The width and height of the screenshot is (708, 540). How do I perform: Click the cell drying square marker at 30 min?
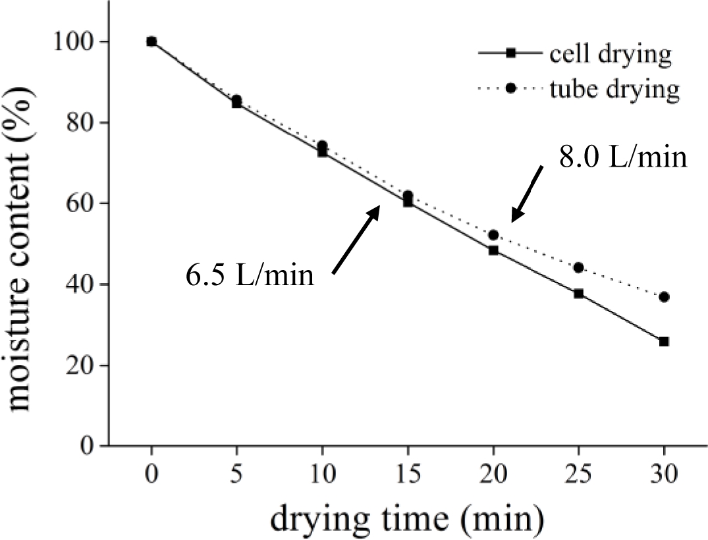coord(664,341)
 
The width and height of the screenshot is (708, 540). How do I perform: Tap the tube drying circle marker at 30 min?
coord(664,297)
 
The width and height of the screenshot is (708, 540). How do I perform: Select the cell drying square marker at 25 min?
coord(578,293)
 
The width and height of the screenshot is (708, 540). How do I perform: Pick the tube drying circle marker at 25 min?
coord(578,267)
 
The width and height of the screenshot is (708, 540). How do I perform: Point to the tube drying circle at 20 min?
coord(493,235)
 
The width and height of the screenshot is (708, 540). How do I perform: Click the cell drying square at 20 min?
coord(493,250)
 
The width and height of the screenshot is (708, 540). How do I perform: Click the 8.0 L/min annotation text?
coord(623,159)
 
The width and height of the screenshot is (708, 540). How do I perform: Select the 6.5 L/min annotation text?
coord(249,275)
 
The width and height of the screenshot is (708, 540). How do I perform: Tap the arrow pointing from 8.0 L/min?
coord(528,193)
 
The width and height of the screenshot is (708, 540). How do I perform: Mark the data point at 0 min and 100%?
coord(151,41)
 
